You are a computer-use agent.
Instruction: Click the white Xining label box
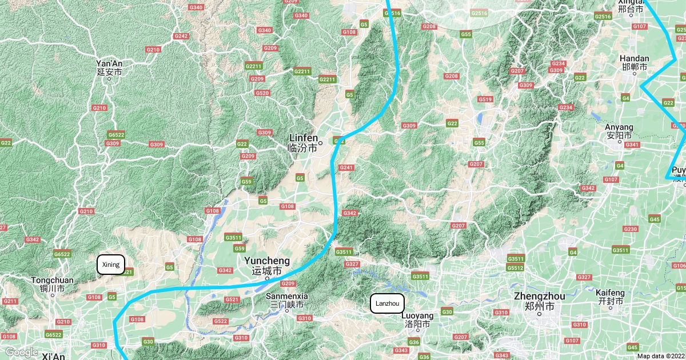(110, 265)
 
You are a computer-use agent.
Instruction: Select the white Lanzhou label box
(388, 303)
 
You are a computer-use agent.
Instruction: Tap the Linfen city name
(303, 138)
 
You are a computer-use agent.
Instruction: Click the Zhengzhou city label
(539, 297)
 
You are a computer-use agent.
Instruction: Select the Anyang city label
(619, 127)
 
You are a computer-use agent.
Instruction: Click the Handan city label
(635, 59)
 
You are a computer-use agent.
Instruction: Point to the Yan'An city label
(109, 63)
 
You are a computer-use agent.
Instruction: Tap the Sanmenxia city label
(287, 297)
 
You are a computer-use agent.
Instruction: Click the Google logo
(21, 352)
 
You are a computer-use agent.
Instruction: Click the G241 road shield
(346, 167)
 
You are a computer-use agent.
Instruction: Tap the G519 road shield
(485, 99)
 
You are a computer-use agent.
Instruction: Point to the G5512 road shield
(515, 267)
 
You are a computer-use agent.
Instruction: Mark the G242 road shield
(181, 36)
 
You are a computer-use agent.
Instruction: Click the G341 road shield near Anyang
(632, 145)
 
